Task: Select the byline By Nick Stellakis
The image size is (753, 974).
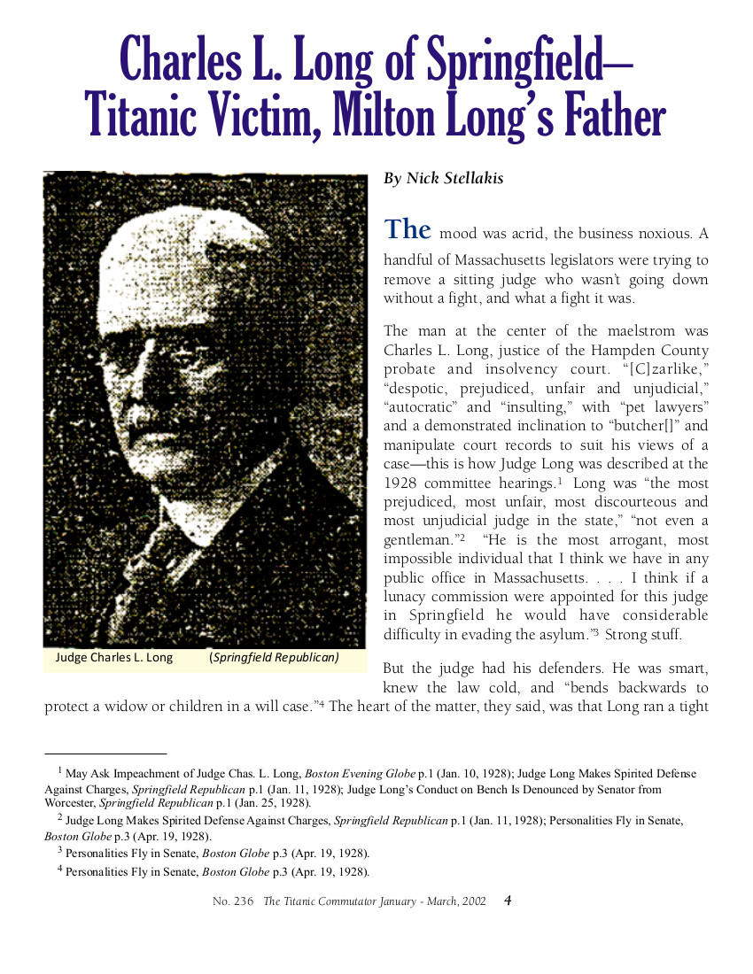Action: [443, 179]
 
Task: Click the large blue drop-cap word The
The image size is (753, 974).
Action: [407, 229]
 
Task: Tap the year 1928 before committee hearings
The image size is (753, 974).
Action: [401, 483]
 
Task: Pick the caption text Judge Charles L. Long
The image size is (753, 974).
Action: [114, 658]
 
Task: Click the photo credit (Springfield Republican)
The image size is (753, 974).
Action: [275, 658]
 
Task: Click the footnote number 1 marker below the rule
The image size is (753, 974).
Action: [59, 771]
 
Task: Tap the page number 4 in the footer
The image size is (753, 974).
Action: [508, 901]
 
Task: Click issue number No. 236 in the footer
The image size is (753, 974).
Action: [233, 901]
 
